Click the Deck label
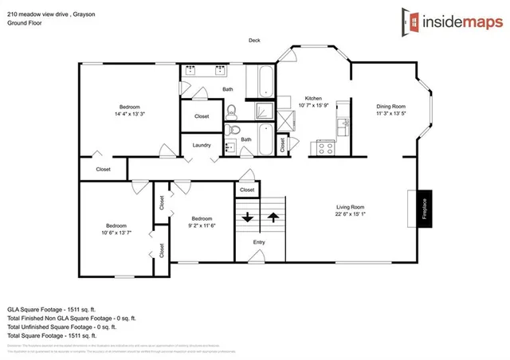254,41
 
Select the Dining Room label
391,106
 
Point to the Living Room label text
351,207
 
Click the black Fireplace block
425,209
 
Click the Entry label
260,242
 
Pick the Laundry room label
202,145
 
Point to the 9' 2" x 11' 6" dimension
202,225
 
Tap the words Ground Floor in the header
25,24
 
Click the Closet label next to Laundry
202,116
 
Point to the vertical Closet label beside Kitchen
282,145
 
